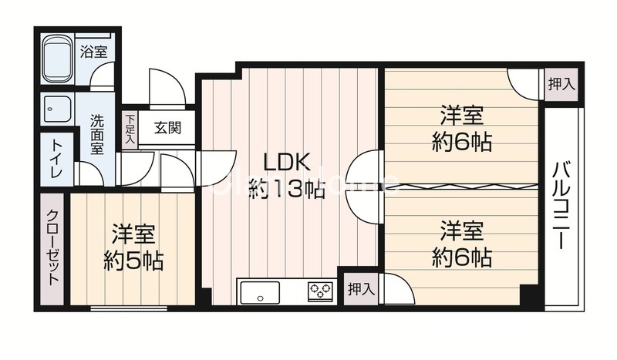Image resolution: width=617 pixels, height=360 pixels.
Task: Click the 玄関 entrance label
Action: (167, 128)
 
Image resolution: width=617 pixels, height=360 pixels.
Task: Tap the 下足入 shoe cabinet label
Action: (130, 130)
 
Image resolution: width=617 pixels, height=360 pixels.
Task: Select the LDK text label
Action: (286, 162)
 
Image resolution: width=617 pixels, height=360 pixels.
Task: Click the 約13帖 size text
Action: (286, 189)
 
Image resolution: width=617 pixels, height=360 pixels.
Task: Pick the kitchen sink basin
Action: (259, 293)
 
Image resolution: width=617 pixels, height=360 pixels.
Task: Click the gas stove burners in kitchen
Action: (321, 292)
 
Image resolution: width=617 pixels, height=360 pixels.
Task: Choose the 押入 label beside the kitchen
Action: (360, 289)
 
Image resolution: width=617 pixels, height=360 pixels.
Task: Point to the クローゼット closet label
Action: (53, 248)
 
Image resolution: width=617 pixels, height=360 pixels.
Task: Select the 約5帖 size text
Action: (133, 261)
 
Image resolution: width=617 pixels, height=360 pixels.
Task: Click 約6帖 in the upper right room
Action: (462, 142)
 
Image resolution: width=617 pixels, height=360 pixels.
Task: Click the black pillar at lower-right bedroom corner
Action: (529, 295)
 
